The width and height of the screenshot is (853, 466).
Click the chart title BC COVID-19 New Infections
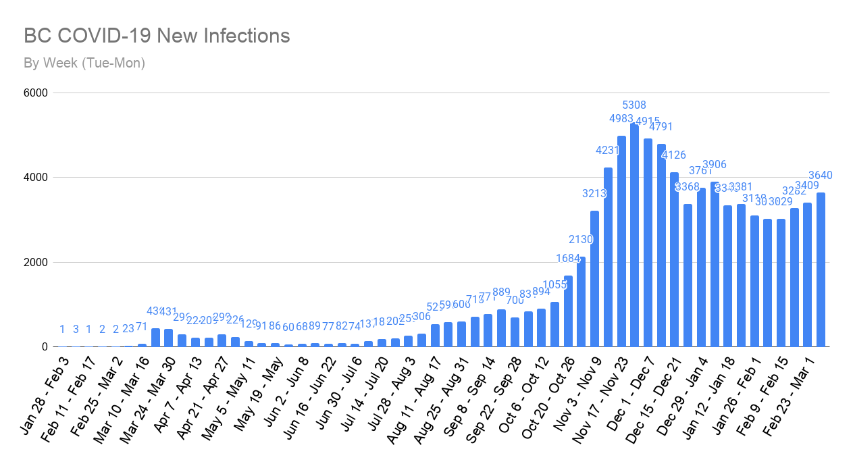[x=157, y=36]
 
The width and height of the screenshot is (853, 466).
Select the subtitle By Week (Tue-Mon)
[x=84, y=63]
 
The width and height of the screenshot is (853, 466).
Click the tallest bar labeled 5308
[x=634, y=236]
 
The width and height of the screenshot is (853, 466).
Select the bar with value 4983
[x=621, y=243]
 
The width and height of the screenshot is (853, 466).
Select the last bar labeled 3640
[x=821, y=270]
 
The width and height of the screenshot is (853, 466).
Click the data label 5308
[x=634, y=105]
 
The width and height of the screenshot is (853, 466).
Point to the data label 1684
[x=568, y=258]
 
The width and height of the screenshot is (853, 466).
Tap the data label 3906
[x=715, y=164]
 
